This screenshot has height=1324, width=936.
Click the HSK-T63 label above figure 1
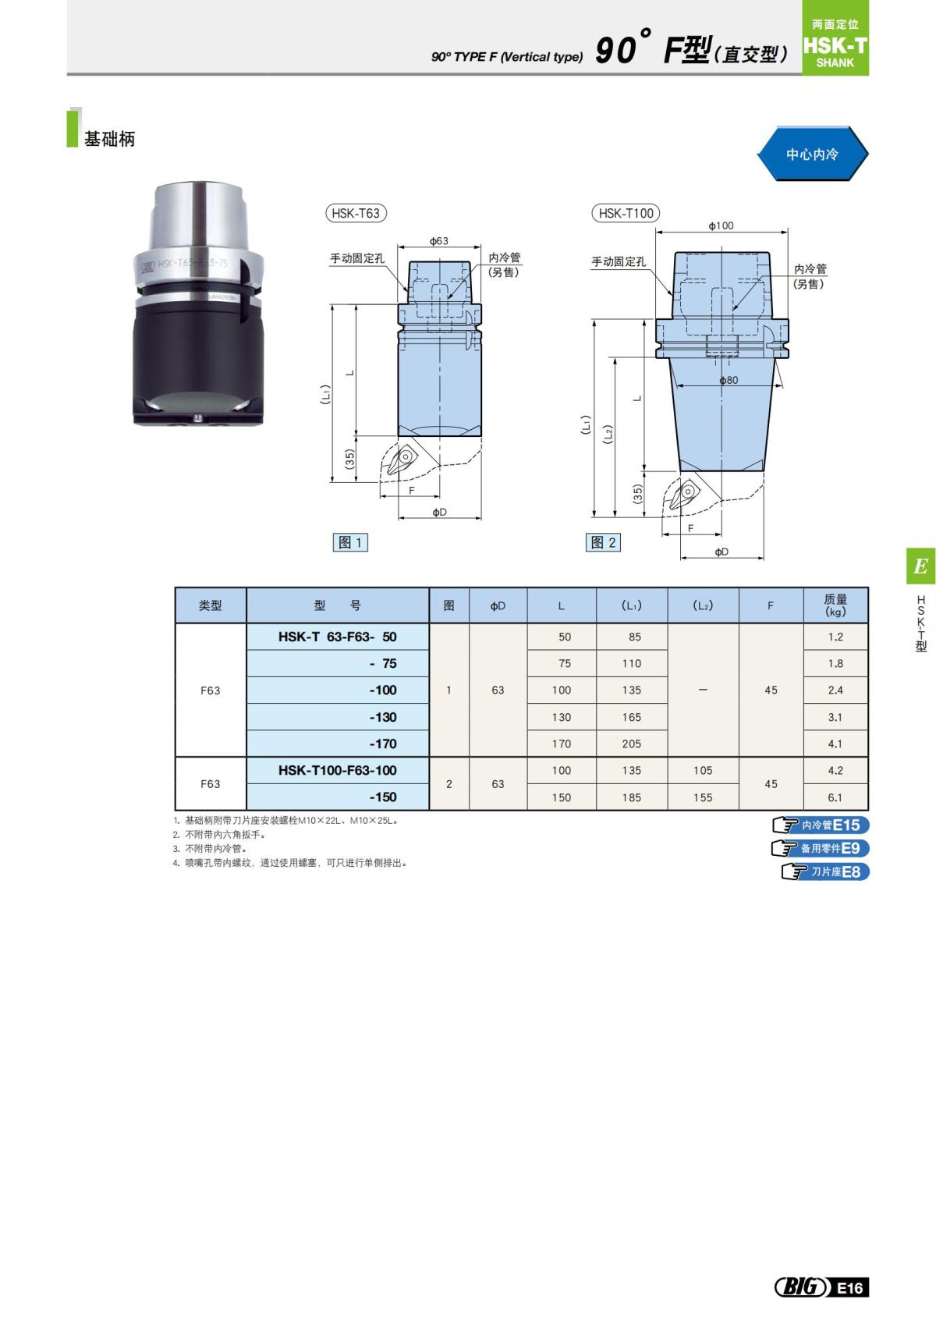[356, 213]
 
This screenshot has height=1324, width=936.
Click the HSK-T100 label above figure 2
[626, 213]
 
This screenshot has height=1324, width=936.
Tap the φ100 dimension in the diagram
[721, 225]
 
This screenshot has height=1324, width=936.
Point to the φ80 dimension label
[729, 380]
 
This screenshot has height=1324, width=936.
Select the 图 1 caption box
[350, 542]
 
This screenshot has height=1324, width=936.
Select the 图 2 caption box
[603, 542]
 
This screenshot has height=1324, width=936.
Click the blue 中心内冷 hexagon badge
[812, 154]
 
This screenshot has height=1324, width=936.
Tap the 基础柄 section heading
[109, 139]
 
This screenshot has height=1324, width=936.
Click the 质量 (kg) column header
[835, 605]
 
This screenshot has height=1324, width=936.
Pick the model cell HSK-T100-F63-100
[338, 770]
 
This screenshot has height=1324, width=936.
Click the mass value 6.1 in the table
[835, 797]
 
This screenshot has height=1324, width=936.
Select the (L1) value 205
[632, 744]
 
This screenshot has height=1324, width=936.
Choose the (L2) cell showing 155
[703, 797]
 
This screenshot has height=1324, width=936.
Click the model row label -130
[383, 717]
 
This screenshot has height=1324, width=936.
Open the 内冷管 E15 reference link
[821, 825]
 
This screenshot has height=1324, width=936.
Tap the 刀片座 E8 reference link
[826, 871]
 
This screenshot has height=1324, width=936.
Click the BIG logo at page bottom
[800, 1287]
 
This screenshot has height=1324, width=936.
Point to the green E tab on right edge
[920, 566]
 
